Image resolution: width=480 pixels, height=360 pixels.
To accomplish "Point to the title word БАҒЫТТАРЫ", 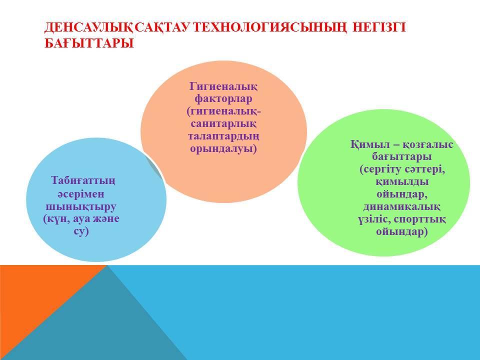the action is pos(89,43).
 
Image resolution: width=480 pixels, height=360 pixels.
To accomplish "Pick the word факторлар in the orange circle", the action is pos(223,99).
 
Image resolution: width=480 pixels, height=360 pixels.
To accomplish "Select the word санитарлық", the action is pos(223,124).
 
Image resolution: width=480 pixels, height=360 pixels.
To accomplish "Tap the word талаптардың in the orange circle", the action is pos(223,136).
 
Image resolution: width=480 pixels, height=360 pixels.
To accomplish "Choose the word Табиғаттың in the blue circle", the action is pos(83,180).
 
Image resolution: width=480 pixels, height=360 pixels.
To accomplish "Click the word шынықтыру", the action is pos(81,206).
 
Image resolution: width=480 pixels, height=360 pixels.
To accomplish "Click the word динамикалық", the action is pos(401,206).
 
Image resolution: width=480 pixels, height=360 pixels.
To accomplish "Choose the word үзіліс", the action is pos(374,219).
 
